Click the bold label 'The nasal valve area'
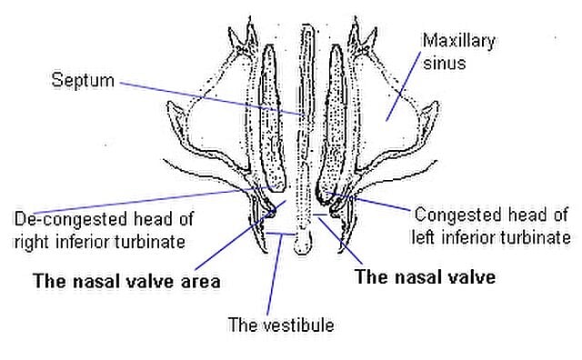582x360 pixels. click(126, 280)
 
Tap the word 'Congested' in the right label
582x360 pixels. click(450, 215)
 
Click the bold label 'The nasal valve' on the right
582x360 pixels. click(426, 277)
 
